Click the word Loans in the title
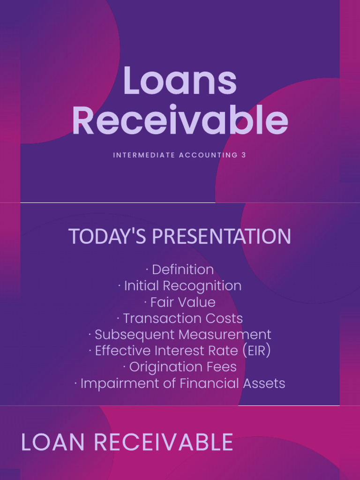180,82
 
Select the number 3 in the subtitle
244,155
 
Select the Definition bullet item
182,270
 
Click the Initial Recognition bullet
182,286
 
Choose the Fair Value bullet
183,302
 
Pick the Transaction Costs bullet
182,319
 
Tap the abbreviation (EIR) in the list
255,351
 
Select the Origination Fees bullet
183,367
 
